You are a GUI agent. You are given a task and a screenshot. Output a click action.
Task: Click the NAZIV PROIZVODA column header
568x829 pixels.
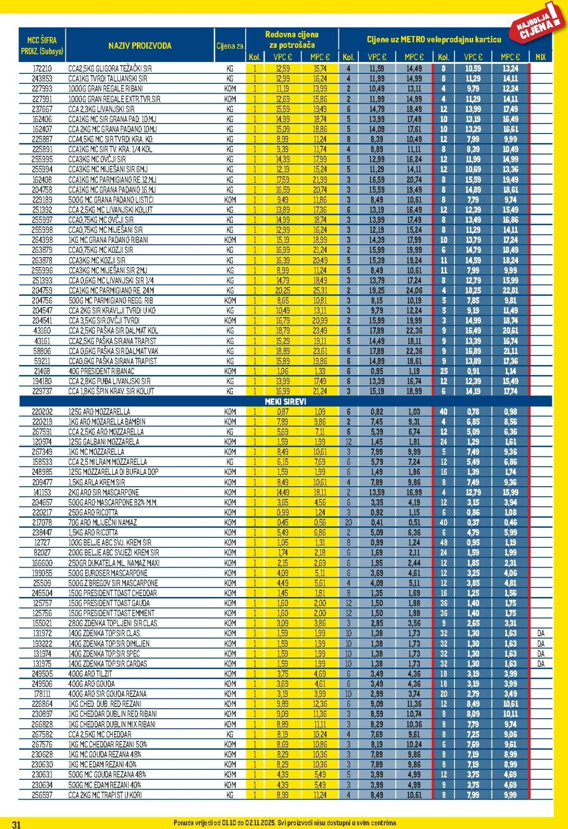(x=140, y=46)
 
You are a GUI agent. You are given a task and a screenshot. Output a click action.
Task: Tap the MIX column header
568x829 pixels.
(x=541, y=57)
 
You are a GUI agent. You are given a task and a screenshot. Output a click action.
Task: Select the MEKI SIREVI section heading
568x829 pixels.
(x=285, y=401)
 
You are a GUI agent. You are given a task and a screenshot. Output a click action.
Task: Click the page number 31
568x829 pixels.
(x=16, y=825)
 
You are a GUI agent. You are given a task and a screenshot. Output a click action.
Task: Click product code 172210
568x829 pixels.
(x=42, y=69)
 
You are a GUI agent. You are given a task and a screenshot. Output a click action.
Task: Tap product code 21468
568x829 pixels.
(x=42, y=371)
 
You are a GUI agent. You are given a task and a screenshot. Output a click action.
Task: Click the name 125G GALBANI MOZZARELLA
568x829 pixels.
(x=104, y=442)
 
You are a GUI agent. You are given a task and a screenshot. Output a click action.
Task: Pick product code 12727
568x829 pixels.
(x=42, y=543)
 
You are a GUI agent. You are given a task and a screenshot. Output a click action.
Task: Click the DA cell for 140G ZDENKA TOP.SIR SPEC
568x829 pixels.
(x=541, y=654)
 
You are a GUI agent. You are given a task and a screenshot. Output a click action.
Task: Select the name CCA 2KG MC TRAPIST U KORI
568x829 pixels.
(x=105, y=795)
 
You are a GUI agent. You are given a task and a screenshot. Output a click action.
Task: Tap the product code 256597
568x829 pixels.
(x=42, y=795)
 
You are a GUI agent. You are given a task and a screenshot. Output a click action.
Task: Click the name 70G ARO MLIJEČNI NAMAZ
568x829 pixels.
(x=103, y=522)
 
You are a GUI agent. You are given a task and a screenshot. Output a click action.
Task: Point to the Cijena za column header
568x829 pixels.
(x=230, y=46)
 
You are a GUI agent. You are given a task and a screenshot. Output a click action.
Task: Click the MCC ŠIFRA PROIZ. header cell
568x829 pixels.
(x=42, y=46)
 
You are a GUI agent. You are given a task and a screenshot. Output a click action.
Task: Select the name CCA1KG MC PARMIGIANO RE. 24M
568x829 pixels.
(x=111, y=291)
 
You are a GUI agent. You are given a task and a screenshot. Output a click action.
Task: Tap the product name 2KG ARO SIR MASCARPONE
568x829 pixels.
(x=104, y=492)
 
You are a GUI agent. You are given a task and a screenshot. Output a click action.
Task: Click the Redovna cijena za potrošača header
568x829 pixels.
(x=292, y=40)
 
